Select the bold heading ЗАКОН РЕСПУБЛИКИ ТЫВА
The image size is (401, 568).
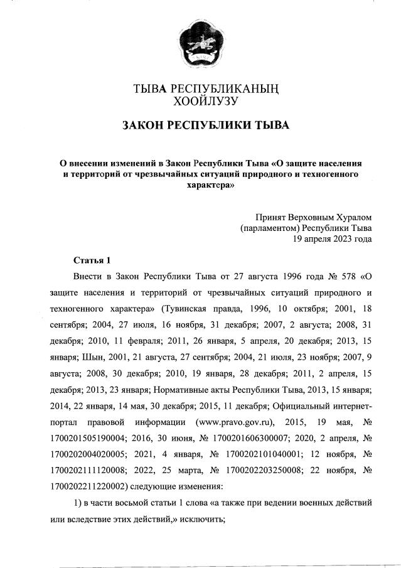(200, 126)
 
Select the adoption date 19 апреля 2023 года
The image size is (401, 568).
(332, 238)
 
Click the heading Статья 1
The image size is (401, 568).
(91, 260)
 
